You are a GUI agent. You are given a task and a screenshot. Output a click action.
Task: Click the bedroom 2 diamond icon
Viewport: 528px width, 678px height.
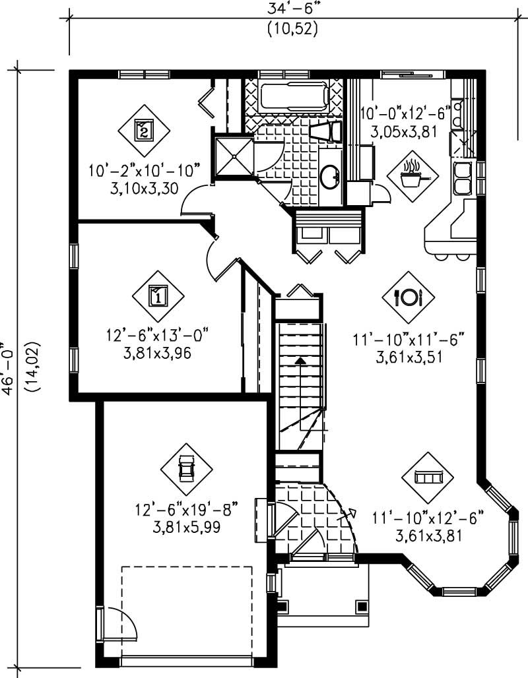tap(144, 129)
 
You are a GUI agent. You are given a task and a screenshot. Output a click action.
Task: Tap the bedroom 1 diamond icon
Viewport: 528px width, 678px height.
tap(158, 295)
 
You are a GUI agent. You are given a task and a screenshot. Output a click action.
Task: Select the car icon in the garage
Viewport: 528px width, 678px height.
tap(187, 469)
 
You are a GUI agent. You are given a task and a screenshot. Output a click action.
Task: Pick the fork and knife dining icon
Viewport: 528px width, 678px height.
tap(408, 297)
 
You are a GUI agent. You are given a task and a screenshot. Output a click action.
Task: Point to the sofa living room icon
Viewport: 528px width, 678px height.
tap(428, 477)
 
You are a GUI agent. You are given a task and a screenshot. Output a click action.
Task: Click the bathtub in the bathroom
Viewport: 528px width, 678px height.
tap(294, 98)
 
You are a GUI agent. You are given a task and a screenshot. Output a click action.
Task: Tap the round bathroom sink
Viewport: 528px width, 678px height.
tap(329, 175)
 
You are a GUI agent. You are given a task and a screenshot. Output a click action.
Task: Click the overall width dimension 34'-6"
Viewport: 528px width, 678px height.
tap(293, 9)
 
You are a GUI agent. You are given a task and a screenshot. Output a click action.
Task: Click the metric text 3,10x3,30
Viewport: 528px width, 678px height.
tap(143, 188)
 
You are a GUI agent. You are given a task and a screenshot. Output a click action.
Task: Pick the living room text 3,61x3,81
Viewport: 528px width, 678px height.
tap(428, 536)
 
